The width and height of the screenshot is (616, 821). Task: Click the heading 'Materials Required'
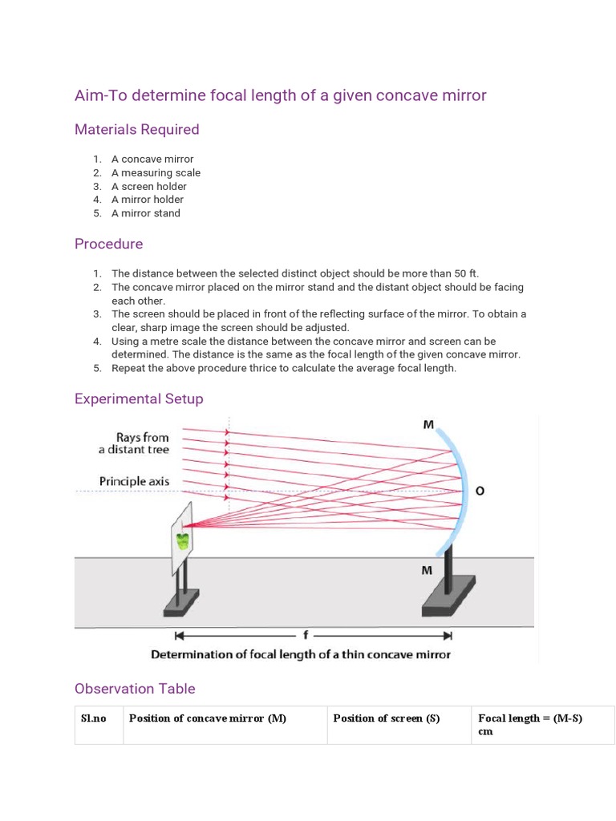pos(136,130)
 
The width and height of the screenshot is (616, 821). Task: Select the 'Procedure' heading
pos(108,244)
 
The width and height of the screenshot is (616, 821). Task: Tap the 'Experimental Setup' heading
pos(139,398)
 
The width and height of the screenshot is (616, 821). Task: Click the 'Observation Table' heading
pos(135,689)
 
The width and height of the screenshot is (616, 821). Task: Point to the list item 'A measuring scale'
pos(156,172)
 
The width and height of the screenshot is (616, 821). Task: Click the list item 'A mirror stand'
pos(146,213)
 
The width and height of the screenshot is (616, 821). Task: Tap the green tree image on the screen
pos(184,540)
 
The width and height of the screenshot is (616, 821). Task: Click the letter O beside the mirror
pos(480,491)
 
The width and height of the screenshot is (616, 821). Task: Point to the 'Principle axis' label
pos(134,482)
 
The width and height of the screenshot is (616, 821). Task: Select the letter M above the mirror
pos(429,426)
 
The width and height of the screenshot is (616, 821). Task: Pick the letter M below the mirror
pos(427,570)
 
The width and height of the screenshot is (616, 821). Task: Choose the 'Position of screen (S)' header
pos(387,718)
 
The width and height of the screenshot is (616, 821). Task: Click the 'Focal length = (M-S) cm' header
pos(529,725)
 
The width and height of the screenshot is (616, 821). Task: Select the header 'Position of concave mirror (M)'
pos(207,718)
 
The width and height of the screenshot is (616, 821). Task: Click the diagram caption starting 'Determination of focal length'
pos(301,654)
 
